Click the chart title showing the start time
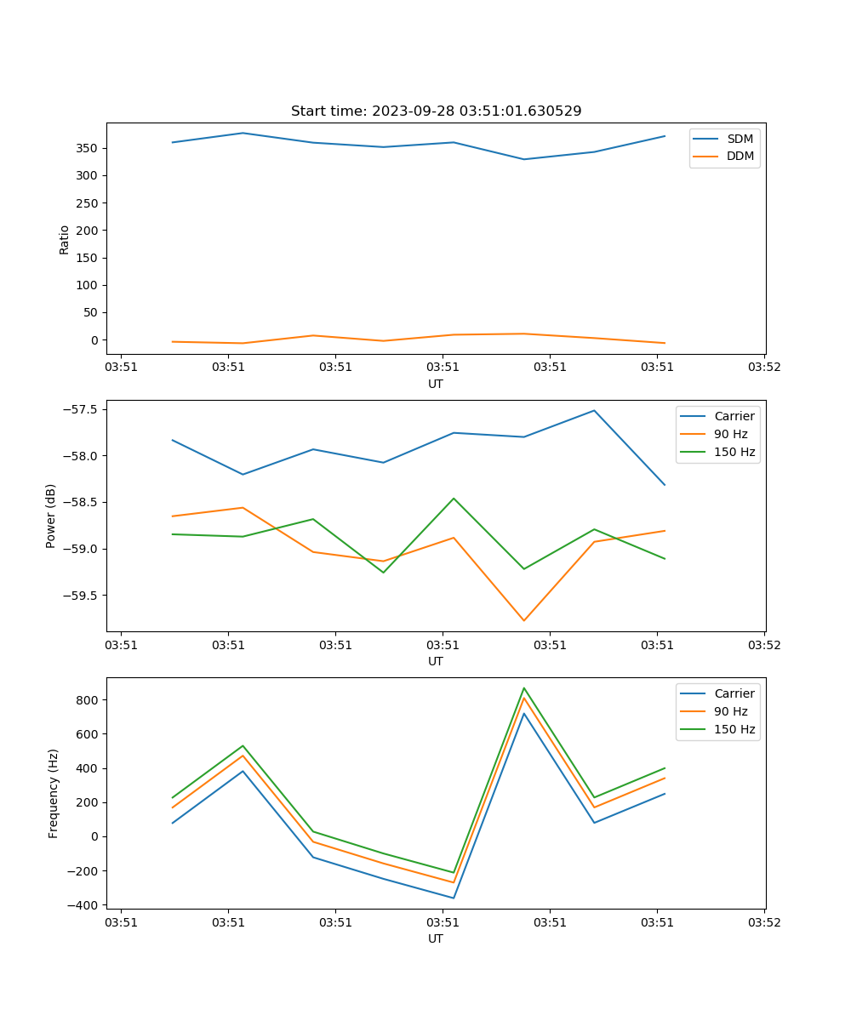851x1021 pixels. click(436, 111)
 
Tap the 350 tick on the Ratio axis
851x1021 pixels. click(89, 148)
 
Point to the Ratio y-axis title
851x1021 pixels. click(65, 239)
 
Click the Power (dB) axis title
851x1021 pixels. click(51, 516)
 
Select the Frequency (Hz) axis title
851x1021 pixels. click(53, 793)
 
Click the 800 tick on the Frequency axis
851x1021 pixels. click(89, 700)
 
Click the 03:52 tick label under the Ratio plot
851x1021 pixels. click(763, 368)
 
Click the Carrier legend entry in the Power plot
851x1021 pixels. click(734, 416)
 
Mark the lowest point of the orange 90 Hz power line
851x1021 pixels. click(524, 620)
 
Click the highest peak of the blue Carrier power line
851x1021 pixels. click(594, 410)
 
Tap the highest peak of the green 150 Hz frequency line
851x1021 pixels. click(524, 687)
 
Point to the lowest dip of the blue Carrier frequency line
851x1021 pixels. click(454, 898)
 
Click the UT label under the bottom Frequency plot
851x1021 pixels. click(436, 938)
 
